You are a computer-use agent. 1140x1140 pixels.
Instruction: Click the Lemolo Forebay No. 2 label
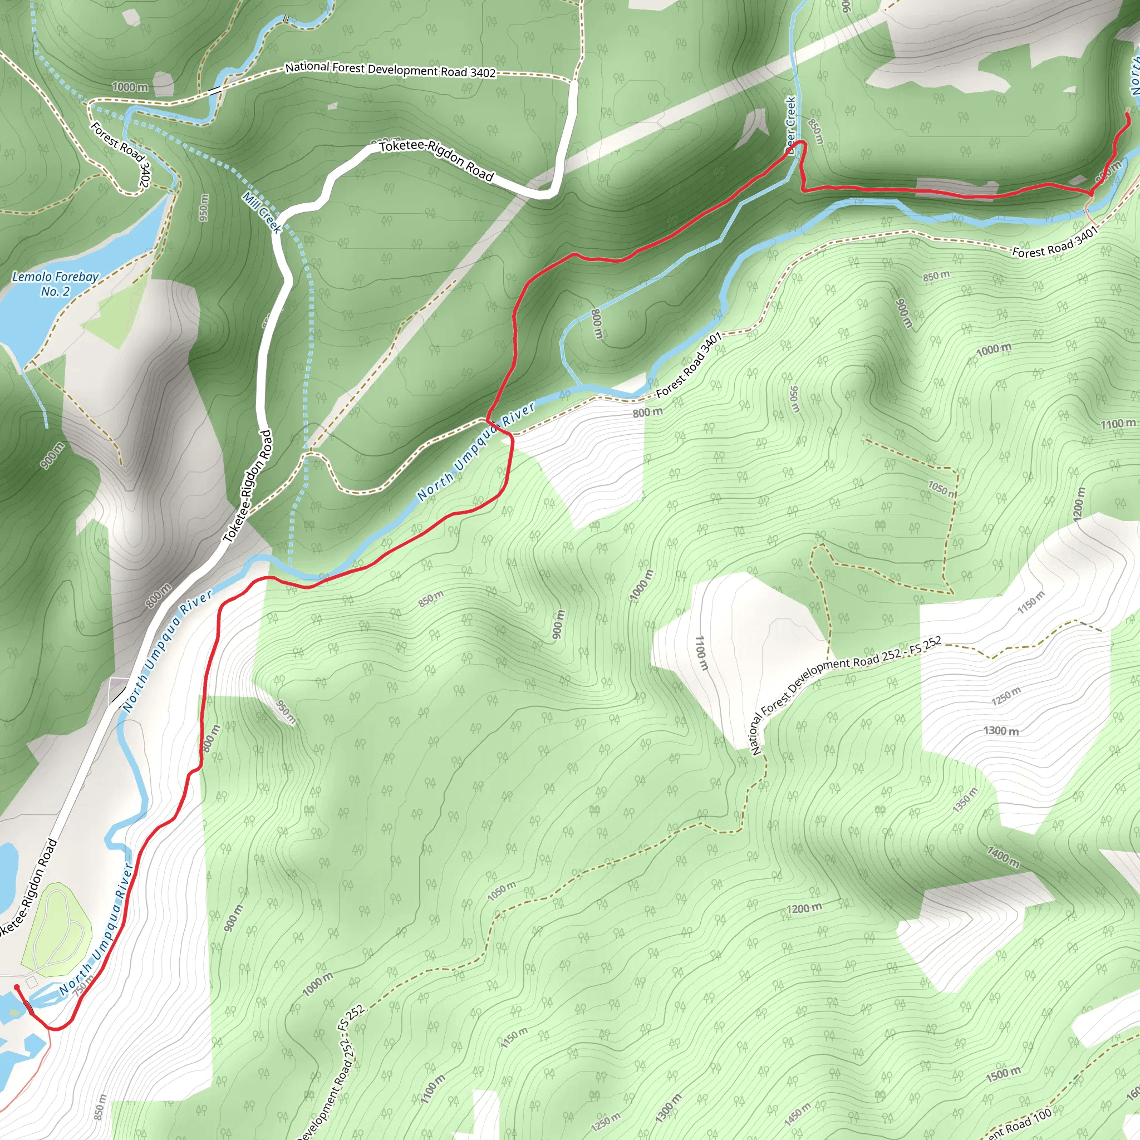point(55,284)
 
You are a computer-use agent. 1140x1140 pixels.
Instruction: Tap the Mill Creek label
point(262,213)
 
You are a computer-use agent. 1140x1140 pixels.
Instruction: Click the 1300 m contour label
point(1001,730)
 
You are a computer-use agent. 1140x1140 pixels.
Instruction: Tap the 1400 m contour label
point(1003,857)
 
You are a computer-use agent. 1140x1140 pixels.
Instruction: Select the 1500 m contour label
point(1003,1074)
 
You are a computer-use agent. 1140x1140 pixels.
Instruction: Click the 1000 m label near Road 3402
point(130,87)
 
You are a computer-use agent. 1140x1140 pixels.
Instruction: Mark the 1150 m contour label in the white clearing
point(1031,602)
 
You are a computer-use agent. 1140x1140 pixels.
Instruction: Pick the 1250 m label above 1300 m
point(1005,696)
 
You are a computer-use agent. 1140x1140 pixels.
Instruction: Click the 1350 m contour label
point(965,800)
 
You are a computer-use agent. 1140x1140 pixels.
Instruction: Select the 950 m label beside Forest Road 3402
point(204,208)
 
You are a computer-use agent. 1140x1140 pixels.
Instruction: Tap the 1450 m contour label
point(797,1112)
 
